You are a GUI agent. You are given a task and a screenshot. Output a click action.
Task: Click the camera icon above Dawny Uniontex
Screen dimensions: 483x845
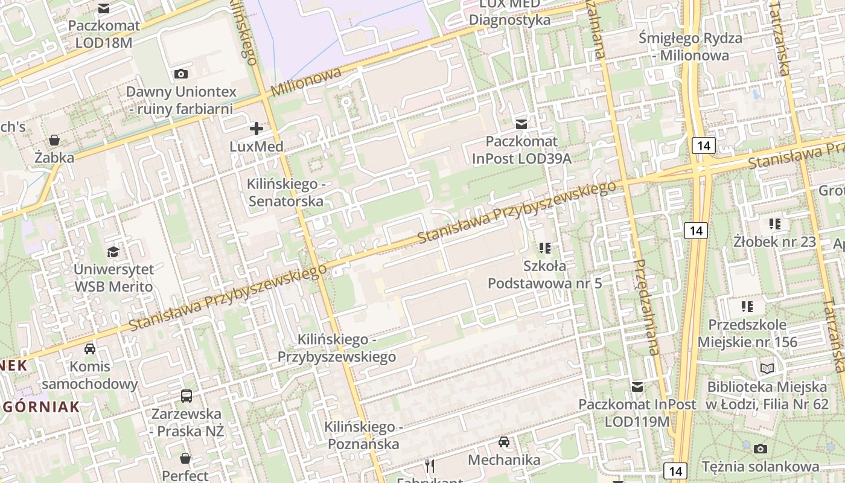point(180,74)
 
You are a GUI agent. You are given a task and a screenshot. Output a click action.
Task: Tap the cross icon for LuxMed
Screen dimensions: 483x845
point(257,128)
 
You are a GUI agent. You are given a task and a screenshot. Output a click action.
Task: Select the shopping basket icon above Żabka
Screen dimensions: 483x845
point(54,141)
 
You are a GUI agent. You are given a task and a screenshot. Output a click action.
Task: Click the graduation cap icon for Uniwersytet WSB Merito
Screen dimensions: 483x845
point(113,252)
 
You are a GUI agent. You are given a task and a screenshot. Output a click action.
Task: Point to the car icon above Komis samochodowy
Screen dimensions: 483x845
point(90,349)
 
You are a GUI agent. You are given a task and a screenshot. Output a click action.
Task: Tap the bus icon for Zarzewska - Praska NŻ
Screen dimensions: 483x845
point(187,397)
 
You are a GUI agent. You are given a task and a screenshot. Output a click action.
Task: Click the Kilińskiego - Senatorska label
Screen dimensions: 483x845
point(285,192)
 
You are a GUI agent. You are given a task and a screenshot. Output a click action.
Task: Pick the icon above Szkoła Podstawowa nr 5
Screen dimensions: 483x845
point(545,248)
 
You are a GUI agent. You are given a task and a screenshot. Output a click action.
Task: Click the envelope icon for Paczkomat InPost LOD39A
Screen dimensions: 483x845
point(521,124)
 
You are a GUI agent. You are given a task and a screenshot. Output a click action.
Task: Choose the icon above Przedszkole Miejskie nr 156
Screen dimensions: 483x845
point(747,307)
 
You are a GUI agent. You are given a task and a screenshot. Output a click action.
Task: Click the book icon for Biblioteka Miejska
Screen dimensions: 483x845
point(767,368)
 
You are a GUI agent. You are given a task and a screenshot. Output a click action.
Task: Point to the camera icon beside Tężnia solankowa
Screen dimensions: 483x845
point(760,449)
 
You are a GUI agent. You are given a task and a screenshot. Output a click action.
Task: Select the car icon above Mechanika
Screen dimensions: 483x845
point(504,442)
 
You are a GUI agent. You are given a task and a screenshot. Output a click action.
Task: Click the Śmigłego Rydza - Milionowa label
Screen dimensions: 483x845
point(690,47)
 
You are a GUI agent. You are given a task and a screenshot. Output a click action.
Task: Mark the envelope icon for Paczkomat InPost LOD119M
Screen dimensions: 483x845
point(637,387)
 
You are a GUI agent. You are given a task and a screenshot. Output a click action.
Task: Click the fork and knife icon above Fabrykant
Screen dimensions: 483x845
point(429,465)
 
